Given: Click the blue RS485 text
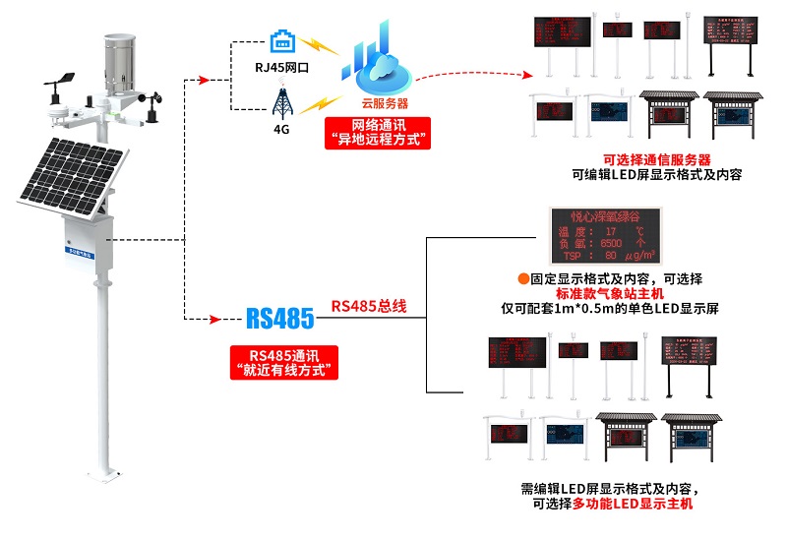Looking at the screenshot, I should click(279, 319).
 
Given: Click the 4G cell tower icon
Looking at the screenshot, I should click(280, 101).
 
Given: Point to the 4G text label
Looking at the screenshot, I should click(281, 130).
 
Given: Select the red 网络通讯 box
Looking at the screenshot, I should click(378, 132).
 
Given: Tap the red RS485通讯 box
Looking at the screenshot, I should click(281, 363).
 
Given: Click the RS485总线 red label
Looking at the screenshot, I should click(369, 306).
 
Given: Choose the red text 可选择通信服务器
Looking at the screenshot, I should click(656, 159).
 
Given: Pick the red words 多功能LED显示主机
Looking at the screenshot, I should click(642, 504).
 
